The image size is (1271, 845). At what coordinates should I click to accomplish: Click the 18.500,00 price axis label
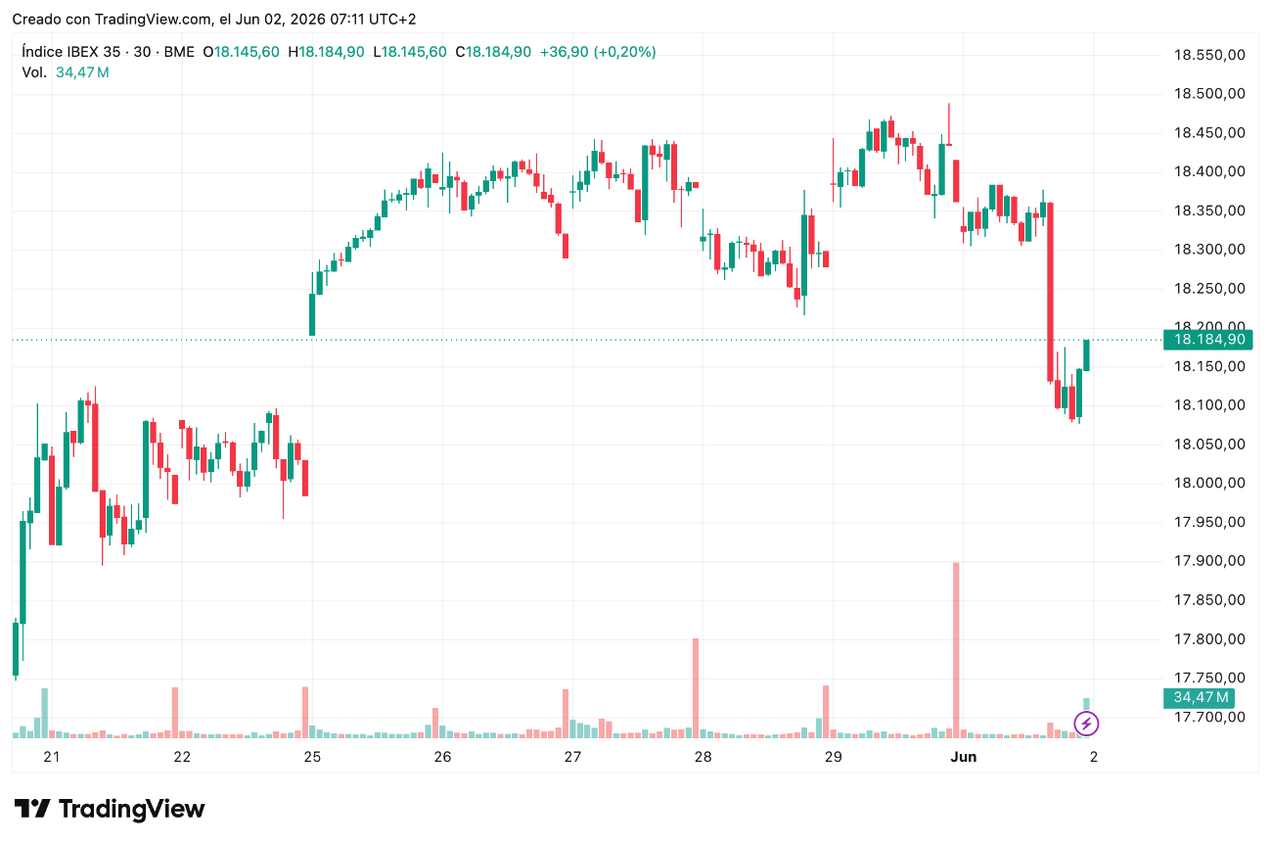click(x=1209, y=94)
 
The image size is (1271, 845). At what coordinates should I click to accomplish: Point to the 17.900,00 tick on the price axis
click(x=1209, y=561)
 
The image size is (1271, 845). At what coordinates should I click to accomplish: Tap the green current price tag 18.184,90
click(x=1208, y=340)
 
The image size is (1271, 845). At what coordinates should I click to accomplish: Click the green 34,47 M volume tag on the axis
click(x=1199, y=697)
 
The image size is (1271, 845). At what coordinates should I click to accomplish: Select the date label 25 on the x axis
click(x=312, y=757)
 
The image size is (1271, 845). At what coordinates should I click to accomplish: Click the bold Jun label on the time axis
click(x=964, y=757)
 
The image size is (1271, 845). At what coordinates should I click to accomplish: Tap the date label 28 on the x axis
click(x=704, y=757)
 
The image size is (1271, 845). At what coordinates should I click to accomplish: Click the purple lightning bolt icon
click(x=1086, y=724)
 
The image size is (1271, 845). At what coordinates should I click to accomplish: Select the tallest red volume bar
click(x=956, y=650)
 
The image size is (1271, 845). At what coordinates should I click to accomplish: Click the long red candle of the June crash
click(x=1050, y=292)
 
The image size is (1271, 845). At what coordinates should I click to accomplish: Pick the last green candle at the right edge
click(x=1086, y=354)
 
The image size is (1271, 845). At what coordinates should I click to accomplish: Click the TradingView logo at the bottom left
click(x=109, y=809)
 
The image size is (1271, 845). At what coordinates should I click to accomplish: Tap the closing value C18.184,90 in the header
click(x=493, y=52)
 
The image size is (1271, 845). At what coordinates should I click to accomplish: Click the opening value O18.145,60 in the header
click(x=241, y=52)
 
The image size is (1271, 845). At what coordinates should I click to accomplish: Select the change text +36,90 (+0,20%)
click(x=598, y=52)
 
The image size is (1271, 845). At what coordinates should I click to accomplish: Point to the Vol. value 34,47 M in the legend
click(x=82, y=72)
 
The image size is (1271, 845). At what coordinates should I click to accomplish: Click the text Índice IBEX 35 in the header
click(x=70, y=52)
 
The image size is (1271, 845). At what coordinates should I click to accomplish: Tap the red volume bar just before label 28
click(x=696, y=688)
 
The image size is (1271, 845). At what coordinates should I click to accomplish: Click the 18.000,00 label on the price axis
click(x=1209, y=484)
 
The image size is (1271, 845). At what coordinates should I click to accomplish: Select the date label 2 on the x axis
click(x=1094, y=757)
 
